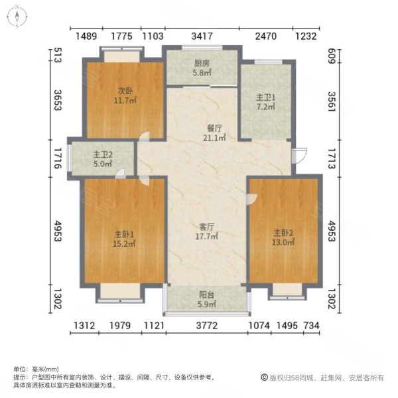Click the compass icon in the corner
coord(15,15)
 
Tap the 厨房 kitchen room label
coord(202,64)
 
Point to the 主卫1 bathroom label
coord(266,98)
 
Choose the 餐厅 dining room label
coord(213,129)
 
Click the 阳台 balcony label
coord(207,297)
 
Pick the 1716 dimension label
coord(58,157)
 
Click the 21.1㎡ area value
coord(213,138)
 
